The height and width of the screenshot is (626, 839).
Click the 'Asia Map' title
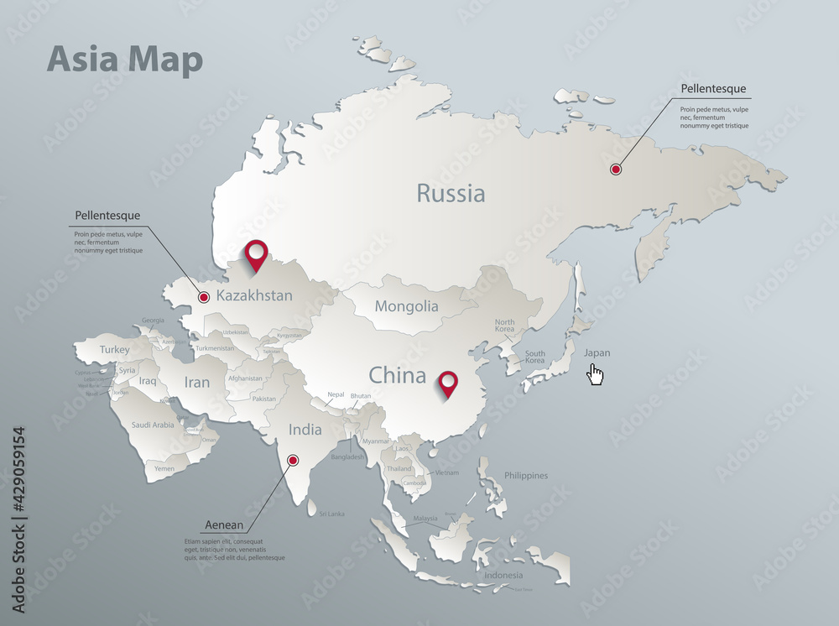point(125,60)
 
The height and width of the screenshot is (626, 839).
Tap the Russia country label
point(451,194)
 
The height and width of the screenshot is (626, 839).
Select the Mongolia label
point(407,306)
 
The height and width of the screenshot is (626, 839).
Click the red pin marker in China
point(450,383)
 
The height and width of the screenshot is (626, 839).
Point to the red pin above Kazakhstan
point(255,253)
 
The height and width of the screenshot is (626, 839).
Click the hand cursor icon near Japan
point(596,374)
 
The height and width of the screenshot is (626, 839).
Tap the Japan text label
point(597,352)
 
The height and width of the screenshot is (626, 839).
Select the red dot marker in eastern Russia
point(616,170)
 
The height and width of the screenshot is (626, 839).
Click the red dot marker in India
point(293,460)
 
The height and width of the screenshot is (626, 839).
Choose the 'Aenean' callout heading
point(224,525)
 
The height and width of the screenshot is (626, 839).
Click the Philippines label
point(526,476)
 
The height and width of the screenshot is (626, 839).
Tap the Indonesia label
point(503,575)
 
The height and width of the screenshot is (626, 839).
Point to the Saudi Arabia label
point(153,425)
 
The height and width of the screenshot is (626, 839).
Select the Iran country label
point(197,383)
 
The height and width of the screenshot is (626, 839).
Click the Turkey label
point(115,349)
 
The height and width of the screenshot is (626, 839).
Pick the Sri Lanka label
point(331,514)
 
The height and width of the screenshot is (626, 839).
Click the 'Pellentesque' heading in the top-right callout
point(713,88)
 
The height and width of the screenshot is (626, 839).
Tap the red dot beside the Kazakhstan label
point(204,296)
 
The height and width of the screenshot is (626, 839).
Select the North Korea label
point(505,326)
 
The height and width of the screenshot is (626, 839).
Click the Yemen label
point(164,469)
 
